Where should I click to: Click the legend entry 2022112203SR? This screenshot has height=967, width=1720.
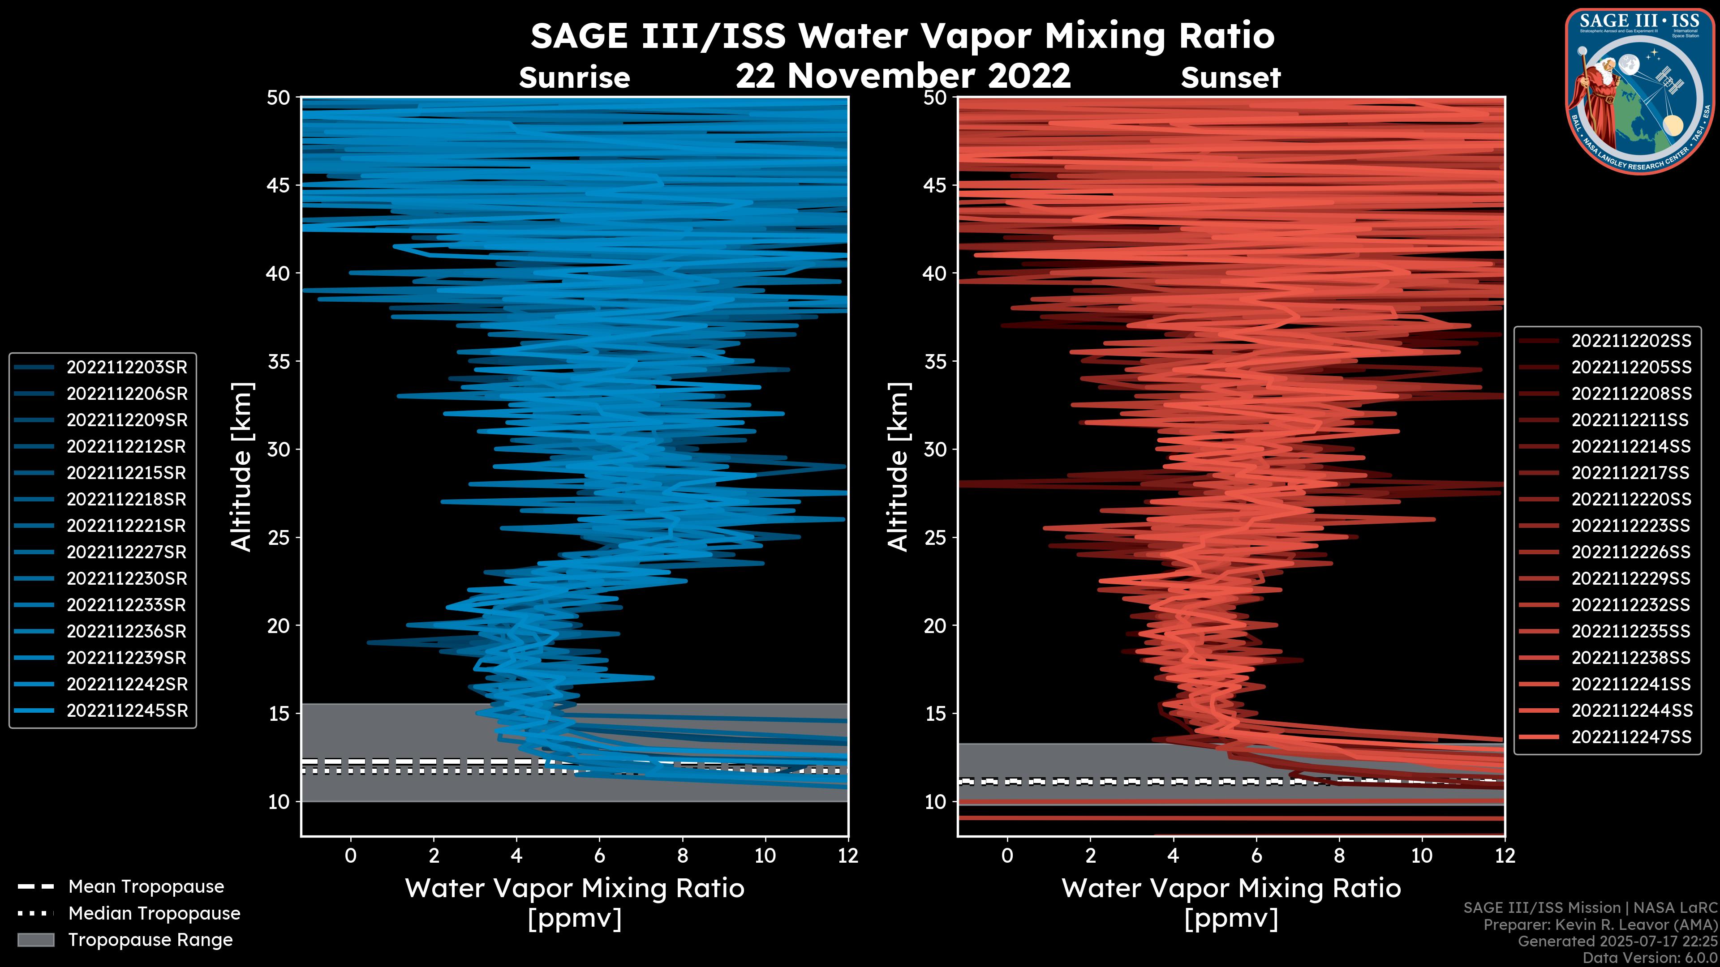[127, 368]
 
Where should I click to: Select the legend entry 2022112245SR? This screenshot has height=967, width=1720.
[127, 711]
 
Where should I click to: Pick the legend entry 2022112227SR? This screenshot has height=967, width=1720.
[127, 552]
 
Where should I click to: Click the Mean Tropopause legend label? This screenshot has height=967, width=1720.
[146, 887]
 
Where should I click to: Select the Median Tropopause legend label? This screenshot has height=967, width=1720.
[154, 914]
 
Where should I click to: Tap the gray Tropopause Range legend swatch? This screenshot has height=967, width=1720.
[35, 940]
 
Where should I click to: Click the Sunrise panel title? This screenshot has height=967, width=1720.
[574, 78]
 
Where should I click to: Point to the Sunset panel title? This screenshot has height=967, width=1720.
[1230, 78]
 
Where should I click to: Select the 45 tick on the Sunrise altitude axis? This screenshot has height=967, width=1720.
[279, 185]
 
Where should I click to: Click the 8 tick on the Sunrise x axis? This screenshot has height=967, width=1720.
[682, 856]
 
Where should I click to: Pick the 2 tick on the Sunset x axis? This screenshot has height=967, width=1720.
[1090, 856]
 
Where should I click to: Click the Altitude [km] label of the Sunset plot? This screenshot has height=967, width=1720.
[898, 466]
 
